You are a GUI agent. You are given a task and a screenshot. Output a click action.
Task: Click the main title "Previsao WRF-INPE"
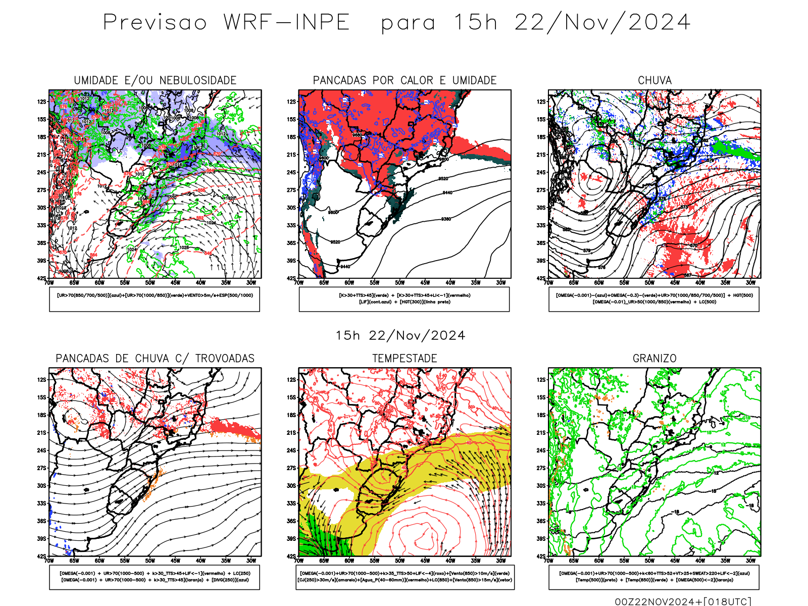pyautogui.click(x=226, y=23)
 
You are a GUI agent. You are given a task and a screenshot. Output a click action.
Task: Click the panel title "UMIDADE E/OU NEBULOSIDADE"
pyautogui.click(x=155, y=80)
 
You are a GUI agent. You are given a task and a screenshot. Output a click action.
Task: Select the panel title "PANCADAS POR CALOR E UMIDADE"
pyautogui.click(x=405, y=80)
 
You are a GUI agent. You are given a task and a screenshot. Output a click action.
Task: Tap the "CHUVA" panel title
pyautogui.click(x=654, y=80)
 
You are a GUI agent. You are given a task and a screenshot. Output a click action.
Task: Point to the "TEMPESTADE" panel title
pyautogui.click(x=405, y=359)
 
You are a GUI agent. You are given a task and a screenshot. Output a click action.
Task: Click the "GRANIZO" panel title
pyautogui.click(x=654, y=359)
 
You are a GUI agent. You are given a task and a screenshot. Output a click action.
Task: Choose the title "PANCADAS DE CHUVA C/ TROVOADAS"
pyautogui.click(x=155, y=359)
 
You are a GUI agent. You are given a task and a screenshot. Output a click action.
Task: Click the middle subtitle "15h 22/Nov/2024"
pyautogui.click(x=400, y=336)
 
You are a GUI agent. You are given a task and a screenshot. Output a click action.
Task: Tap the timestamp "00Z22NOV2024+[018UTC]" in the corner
pyautogui.click(x=683, y=601)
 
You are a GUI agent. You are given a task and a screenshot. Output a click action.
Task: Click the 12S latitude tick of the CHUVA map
pyautogui.click(x=541, y=102)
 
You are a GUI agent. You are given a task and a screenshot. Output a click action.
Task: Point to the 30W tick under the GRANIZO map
pyautogui.click(x=750, y=561)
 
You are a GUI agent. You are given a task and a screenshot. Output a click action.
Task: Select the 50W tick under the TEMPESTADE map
pyautogui.click(x=399, y=561)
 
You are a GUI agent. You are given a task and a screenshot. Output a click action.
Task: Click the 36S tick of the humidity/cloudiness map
pyautogui.click(x=41, y=243)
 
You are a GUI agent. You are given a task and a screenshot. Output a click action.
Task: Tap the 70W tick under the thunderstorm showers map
pyautogui.click(x=49, y=561)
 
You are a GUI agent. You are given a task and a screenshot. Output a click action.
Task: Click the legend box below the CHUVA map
pyautogui.click(x=654, y=299)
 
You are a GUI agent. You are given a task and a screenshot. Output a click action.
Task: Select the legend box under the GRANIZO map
pyautogui.click(x=654, y=577)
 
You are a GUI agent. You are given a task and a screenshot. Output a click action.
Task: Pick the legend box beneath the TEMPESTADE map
pyautogui.click(x=405, y=577)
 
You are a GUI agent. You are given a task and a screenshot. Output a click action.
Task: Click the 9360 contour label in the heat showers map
pyautogui.click(x=446, y=219)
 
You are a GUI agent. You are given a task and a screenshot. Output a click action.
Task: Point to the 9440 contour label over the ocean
pyautogui.click(x=447, y=193)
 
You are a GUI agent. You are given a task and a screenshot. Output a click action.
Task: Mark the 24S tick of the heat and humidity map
pyautogui.click(x=291, y=173)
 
